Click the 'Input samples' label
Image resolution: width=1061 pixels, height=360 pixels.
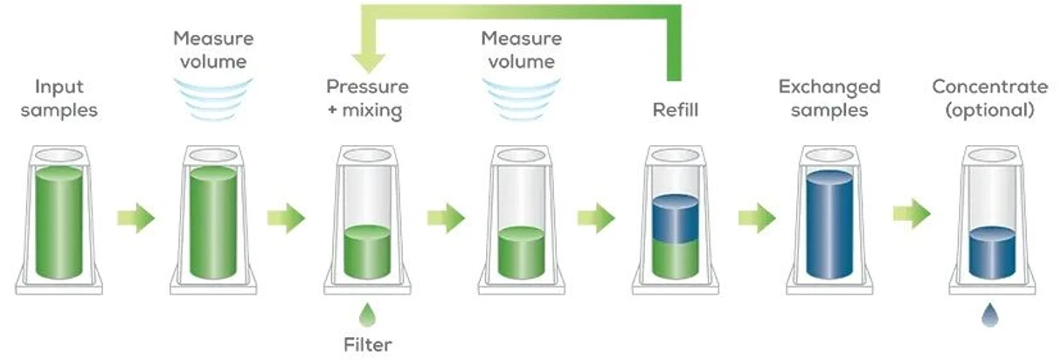[x=59, y=99]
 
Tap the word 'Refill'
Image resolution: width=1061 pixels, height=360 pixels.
[x=674, y=111]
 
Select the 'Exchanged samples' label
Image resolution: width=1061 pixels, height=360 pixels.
[x=829, y=99]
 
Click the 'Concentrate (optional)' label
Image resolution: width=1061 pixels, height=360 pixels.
[x=989, y=99]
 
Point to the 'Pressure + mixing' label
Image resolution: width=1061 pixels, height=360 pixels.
[x=367, y=99]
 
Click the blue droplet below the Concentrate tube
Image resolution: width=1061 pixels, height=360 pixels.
[x=991, y=314]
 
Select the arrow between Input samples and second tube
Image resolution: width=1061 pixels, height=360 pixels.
[x=135, y=218]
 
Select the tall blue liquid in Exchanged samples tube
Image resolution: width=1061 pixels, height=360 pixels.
[x=829, y=225]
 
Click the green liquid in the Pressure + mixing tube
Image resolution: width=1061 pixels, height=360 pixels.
[x=367, y=253]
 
